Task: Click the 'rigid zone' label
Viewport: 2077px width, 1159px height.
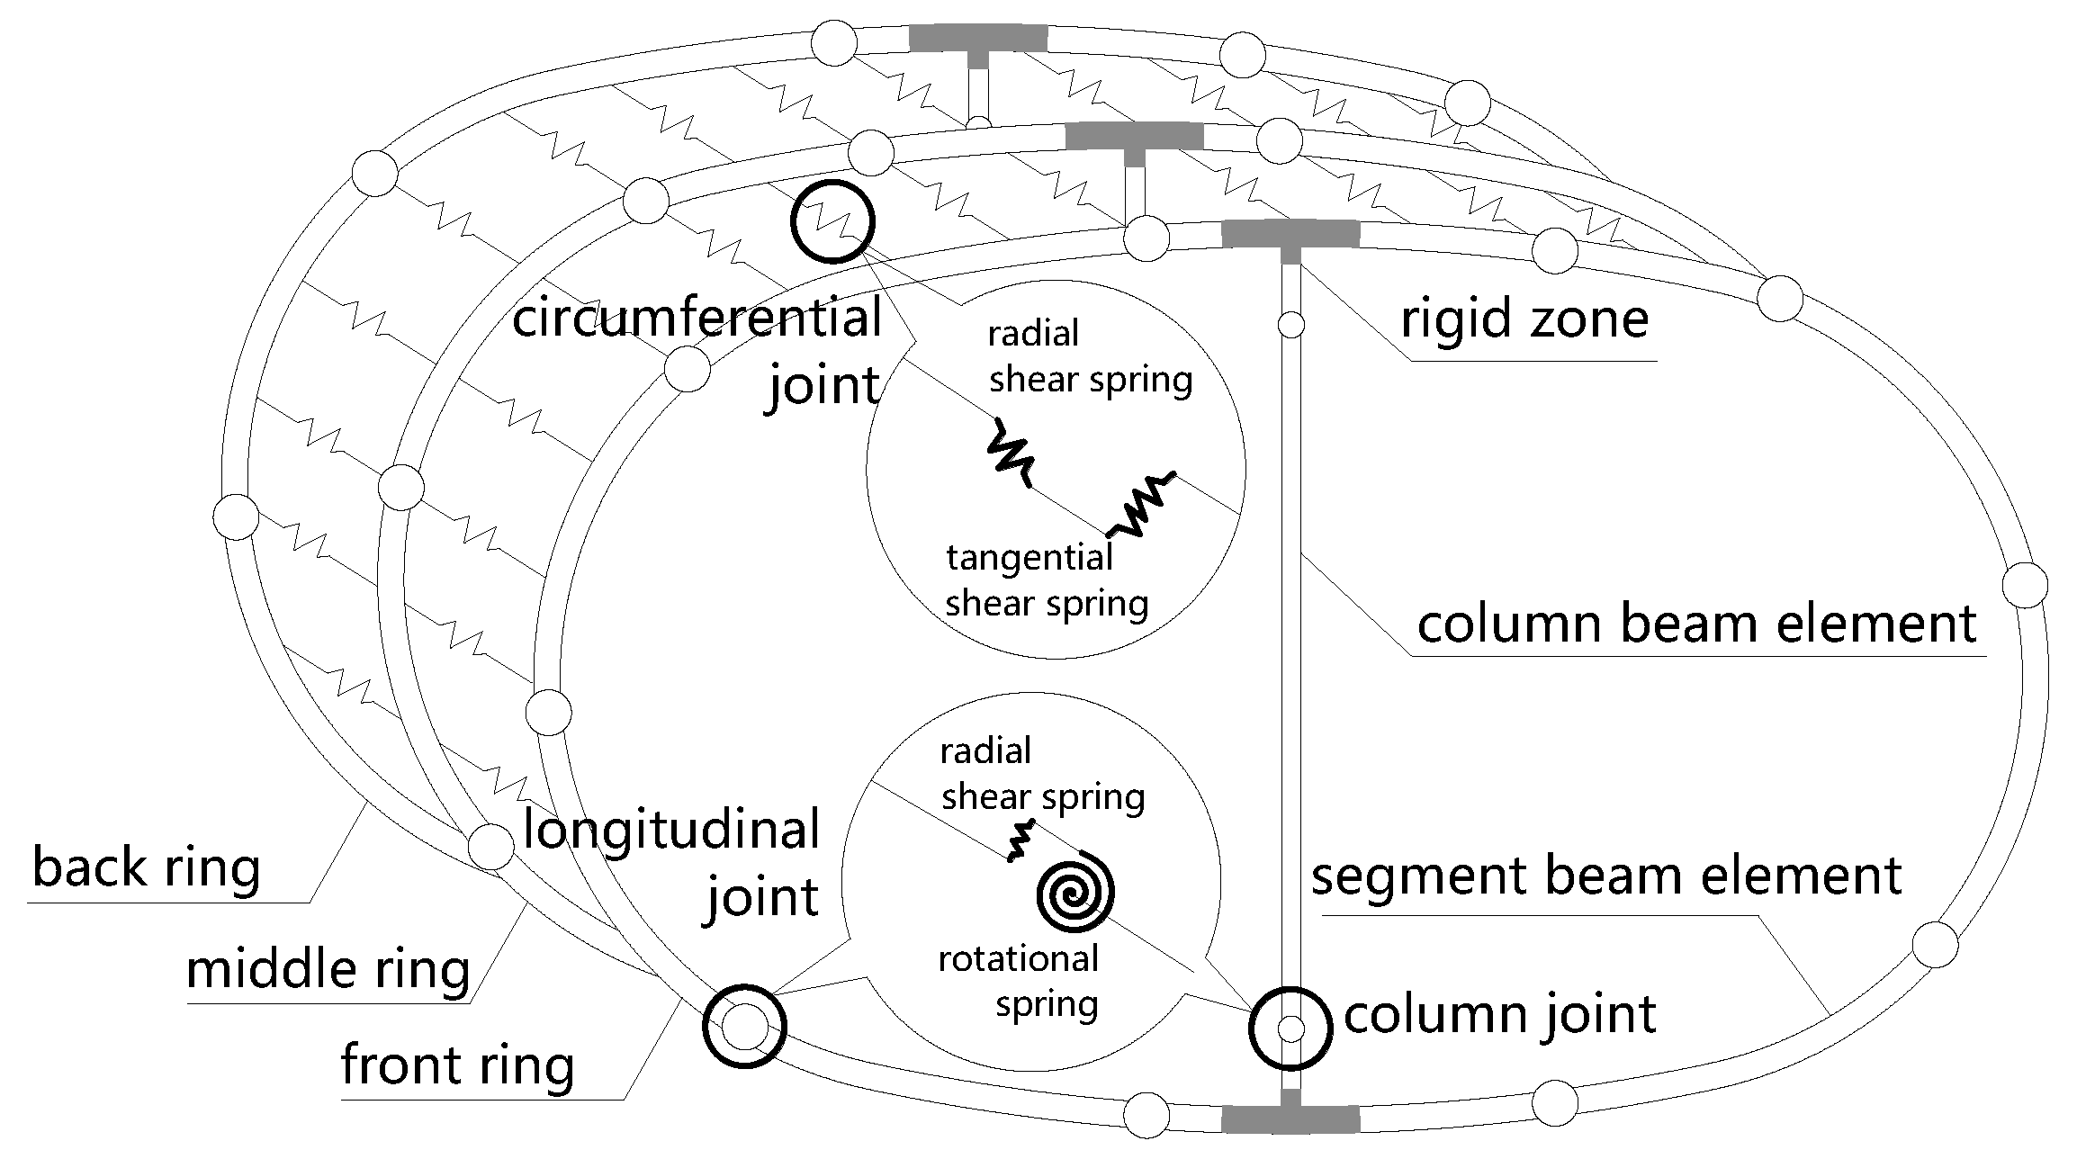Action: coord(1524,319)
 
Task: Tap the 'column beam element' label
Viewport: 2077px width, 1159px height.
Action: coord(1696,624)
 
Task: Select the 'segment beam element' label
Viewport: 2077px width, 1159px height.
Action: coord(1606,876)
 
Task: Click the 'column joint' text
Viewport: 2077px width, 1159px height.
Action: coord(1499,1014)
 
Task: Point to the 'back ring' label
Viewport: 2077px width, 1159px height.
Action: coord(146,867)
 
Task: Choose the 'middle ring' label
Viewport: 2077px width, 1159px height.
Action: coord(328,969)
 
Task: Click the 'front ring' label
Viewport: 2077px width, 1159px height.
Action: coord(457,1065)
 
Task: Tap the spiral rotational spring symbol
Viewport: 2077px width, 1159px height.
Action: coord(1075,894)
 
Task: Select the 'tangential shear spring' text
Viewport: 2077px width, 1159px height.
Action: coord(1047,580)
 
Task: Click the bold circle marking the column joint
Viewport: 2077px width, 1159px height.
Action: coord(1290,1028)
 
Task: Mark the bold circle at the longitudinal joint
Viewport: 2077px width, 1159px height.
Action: coord(744,1027)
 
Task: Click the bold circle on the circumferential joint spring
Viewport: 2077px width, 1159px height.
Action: coord(832,221)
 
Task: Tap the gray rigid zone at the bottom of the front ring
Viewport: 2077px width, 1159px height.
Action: coord(1290,1119)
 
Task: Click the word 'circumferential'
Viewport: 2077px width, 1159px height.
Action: coord(697,319)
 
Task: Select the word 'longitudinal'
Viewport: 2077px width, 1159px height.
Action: coord(671,829)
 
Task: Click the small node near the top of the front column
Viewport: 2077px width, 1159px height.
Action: coord(1290,325)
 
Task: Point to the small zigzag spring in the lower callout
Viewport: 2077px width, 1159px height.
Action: coord(1021,841)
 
